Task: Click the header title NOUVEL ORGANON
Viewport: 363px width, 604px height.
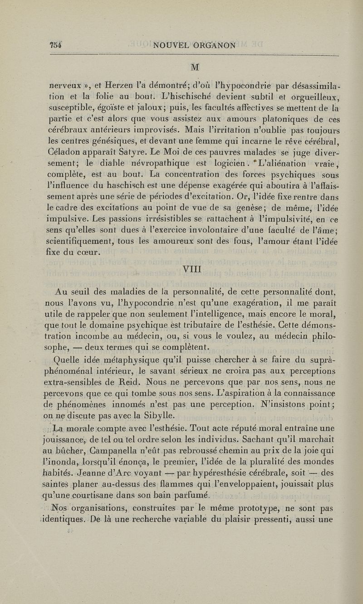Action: (195, 45)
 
